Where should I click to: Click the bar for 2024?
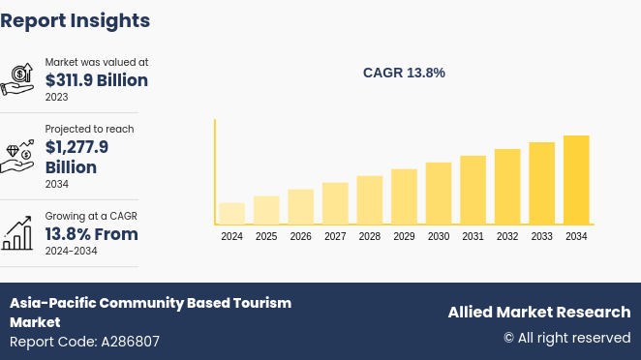click(231, 214)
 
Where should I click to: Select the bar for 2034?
click(576, 180)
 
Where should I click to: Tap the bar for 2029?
click(404, 197)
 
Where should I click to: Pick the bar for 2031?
click(473, 191)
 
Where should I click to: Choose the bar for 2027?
click(335, 204)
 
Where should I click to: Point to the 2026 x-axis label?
click(301, 237)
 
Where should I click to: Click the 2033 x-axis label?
click(541, 237)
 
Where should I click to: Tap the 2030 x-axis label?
click(439, 237)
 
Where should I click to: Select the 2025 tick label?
click(266, 237)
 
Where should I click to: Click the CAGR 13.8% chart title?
click(404, 73)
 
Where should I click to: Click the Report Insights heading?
click(76, 20)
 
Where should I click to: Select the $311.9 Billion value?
click(97, 80)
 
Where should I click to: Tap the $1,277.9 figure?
click(76, 147)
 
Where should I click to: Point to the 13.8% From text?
click(92, 234)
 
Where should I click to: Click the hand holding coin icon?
click(17, 79)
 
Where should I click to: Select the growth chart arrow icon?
click(17, 233)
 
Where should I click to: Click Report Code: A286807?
click(84, 342)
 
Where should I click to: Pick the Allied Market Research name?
click(538, 312)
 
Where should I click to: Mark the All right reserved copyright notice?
click(566, 338)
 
